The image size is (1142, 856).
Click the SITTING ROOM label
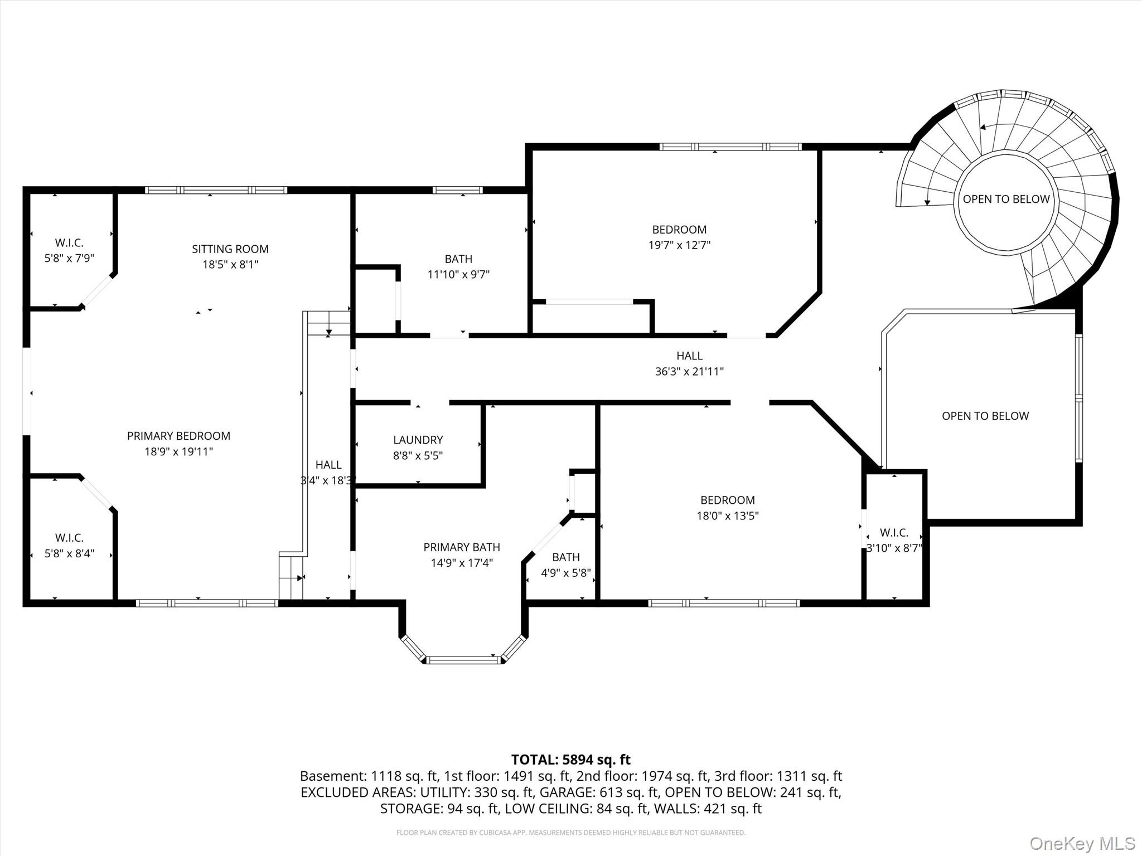230,249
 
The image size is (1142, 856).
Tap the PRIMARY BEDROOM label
178,436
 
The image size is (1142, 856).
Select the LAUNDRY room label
418,440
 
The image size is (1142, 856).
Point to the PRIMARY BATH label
462,547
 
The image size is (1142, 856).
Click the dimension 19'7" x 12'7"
679,245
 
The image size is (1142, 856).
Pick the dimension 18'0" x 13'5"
728,515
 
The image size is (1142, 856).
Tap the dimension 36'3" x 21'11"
689,371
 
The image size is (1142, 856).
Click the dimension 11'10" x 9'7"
458,274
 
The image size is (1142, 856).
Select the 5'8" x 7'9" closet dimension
69,258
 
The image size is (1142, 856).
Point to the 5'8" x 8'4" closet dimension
69,553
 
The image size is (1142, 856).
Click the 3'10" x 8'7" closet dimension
894,548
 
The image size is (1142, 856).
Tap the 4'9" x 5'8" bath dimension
566,572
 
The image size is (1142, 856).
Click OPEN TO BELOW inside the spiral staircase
1006,199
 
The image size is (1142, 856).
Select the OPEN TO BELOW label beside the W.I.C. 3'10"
985,416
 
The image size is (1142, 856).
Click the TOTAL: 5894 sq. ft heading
571,760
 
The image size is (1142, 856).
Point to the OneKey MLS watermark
1082,844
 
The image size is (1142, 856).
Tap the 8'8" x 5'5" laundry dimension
418,455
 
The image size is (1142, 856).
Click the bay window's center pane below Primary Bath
463,660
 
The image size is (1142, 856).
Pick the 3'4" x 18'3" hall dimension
328,480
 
